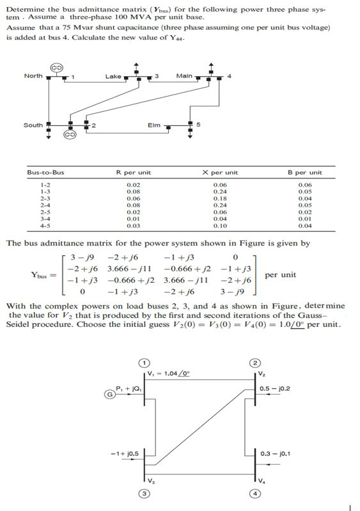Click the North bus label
(x=33, y=76)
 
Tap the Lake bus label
(x=113, y=77)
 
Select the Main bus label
(x=184, y=77)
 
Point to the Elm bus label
(x=154, y=125)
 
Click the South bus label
(x=33, y=125)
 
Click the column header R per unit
(x=133, y=173)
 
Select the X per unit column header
(x=219, y=173)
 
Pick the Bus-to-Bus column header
(x=45, y=173)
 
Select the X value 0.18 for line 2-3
(x=219, y=198)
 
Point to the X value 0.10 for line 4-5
(x=219, y=226)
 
